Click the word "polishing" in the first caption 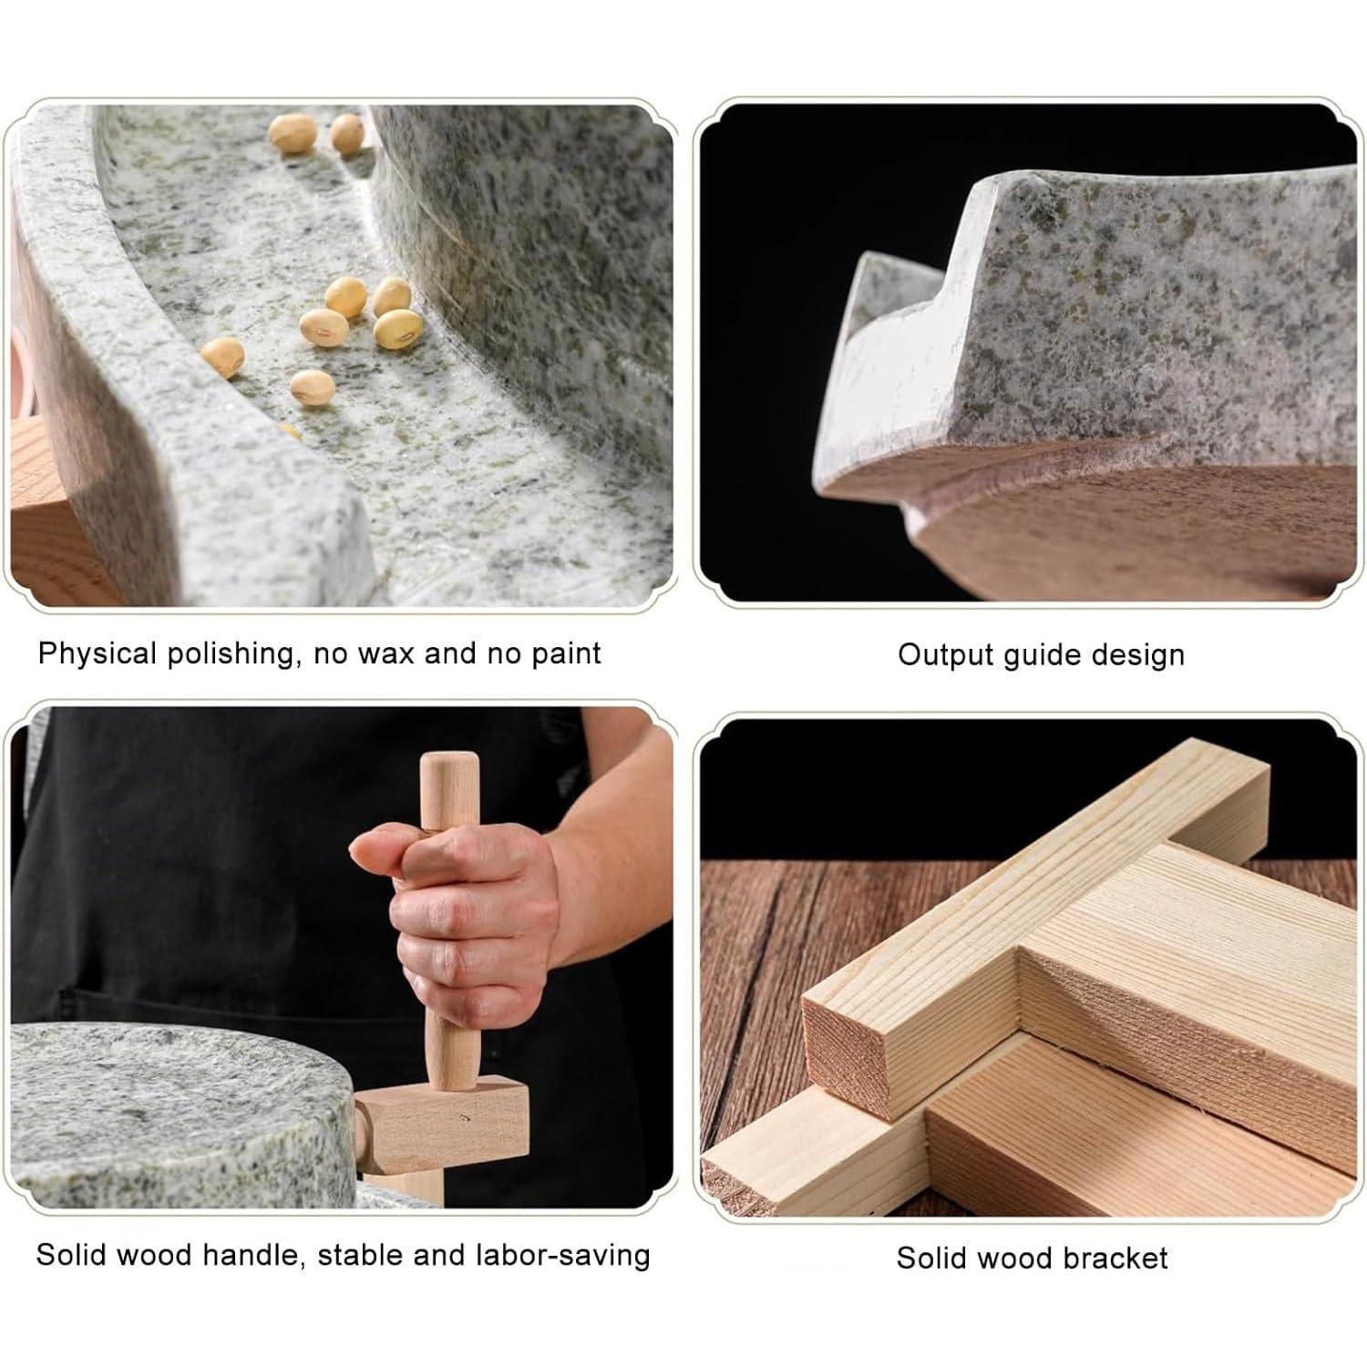[231, 654]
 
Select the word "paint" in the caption [566, 653]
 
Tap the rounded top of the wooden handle [449, 766]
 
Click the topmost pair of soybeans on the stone [319, 133]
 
